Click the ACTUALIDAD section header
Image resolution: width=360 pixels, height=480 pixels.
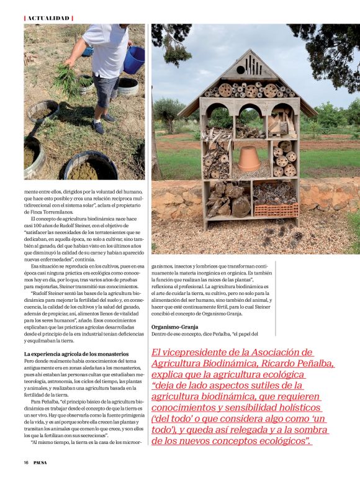point(48,18)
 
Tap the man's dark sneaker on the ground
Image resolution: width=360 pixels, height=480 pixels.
point(99,128)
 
